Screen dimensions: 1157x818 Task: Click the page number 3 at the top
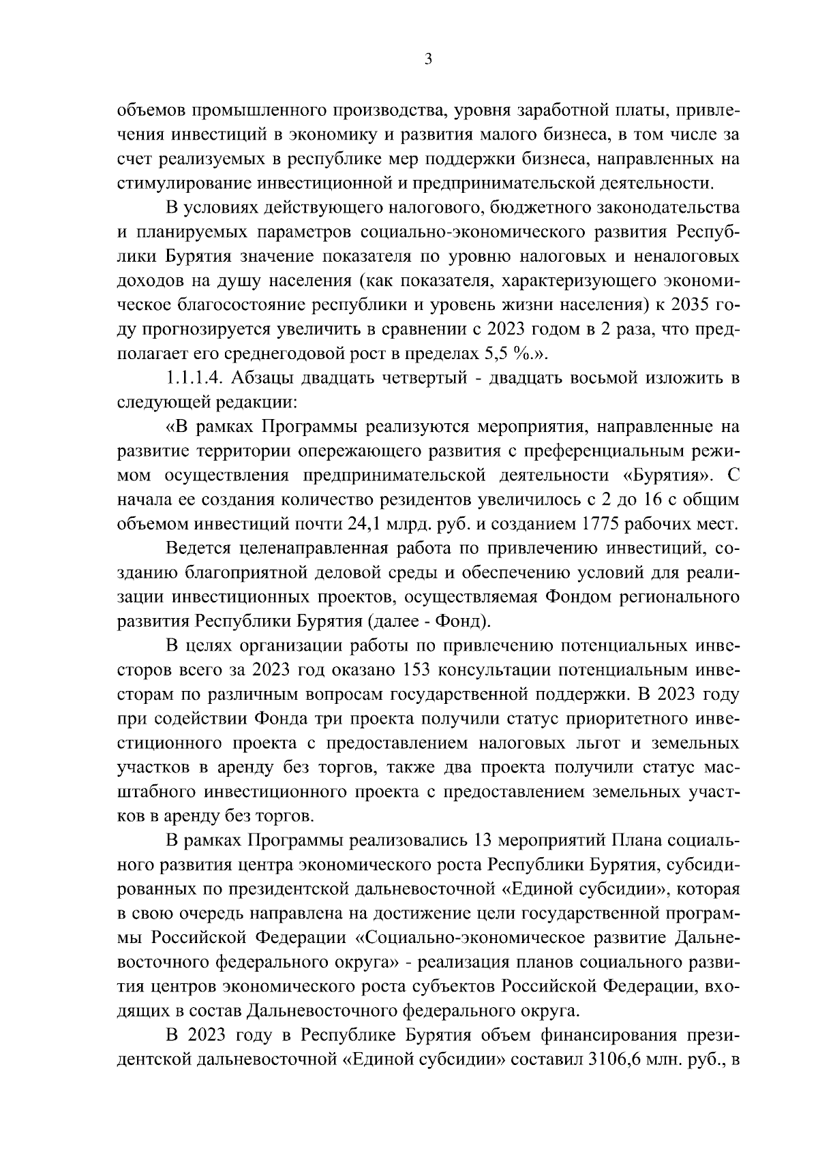point(427,59)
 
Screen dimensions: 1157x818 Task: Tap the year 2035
point(688,305)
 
